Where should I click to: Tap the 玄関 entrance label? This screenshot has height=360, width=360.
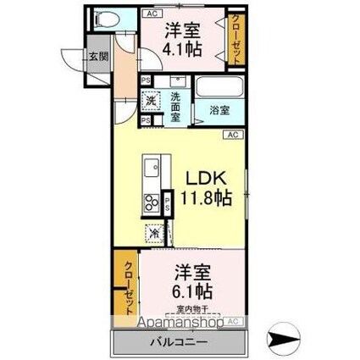coord(98,57)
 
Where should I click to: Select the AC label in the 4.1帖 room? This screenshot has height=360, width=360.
coord(153,13)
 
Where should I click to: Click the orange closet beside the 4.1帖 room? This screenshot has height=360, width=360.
coord(235,40)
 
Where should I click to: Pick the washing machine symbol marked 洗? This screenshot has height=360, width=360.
coord(151,101)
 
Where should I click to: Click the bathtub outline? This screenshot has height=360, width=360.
coord(219,89)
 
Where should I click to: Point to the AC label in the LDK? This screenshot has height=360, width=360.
coord(232,134)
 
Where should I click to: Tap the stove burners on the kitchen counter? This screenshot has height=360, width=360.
coord(152,202)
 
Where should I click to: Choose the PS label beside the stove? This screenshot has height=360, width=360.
coord(167,202)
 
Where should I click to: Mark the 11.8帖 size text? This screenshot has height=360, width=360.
coord(204,199)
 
